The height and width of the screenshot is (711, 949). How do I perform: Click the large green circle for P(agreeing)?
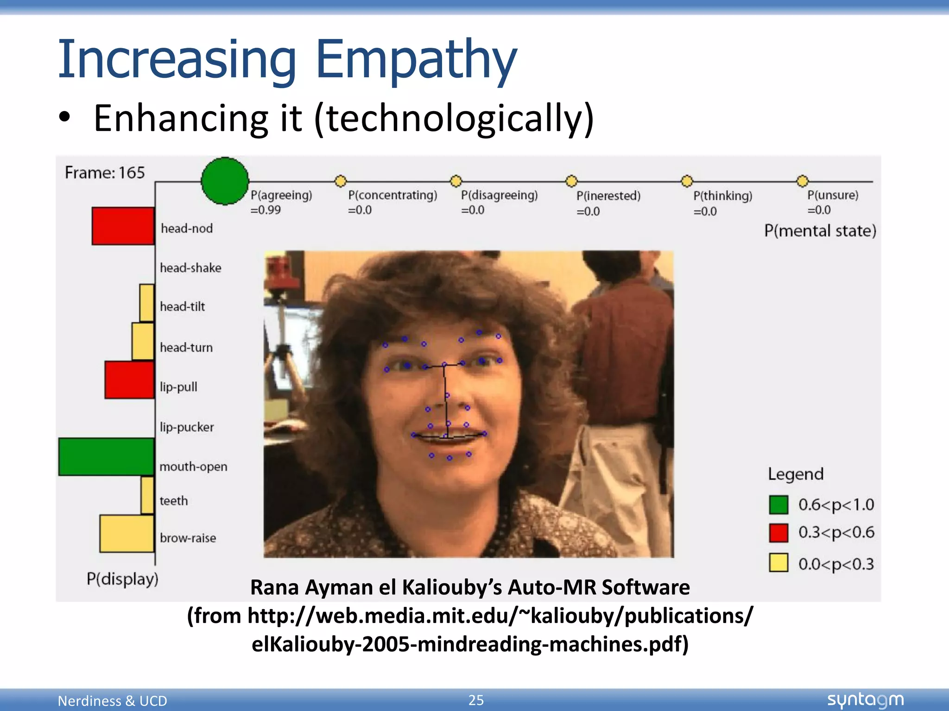[225, 181]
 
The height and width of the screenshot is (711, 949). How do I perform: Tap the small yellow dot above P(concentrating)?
[341, 181]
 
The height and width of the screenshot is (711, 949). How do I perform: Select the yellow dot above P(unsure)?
[803, 181]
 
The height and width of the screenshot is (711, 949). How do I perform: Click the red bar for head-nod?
[123, 226]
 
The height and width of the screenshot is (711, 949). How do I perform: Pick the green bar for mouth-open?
[107, 457]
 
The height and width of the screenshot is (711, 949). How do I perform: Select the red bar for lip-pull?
[129, 380]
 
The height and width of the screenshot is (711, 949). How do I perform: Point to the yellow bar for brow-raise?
[127, 534]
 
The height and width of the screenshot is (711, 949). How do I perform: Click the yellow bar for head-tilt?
[147, 303]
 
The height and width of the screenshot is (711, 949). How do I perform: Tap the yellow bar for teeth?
[147, 496]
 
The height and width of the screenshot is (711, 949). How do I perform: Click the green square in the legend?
[778, 505]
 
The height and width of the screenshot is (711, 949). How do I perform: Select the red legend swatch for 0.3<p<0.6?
[778, 533]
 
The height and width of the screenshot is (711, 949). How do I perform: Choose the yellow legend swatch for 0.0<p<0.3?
[778, 563]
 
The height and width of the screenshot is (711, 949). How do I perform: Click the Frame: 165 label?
[105, 173]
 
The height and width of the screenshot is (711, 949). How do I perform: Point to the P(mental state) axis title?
[820, 231]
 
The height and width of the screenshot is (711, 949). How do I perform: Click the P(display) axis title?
[122, 579]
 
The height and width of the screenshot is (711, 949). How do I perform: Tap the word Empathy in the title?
[416, 60]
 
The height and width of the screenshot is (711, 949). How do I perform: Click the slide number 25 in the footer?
[476, 700]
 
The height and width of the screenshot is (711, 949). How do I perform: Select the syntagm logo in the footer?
[865, 700]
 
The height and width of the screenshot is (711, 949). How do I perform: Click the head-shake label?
[190, 268]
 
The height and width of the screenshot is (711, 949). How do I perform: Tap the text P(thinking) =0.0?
[722, 203]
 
